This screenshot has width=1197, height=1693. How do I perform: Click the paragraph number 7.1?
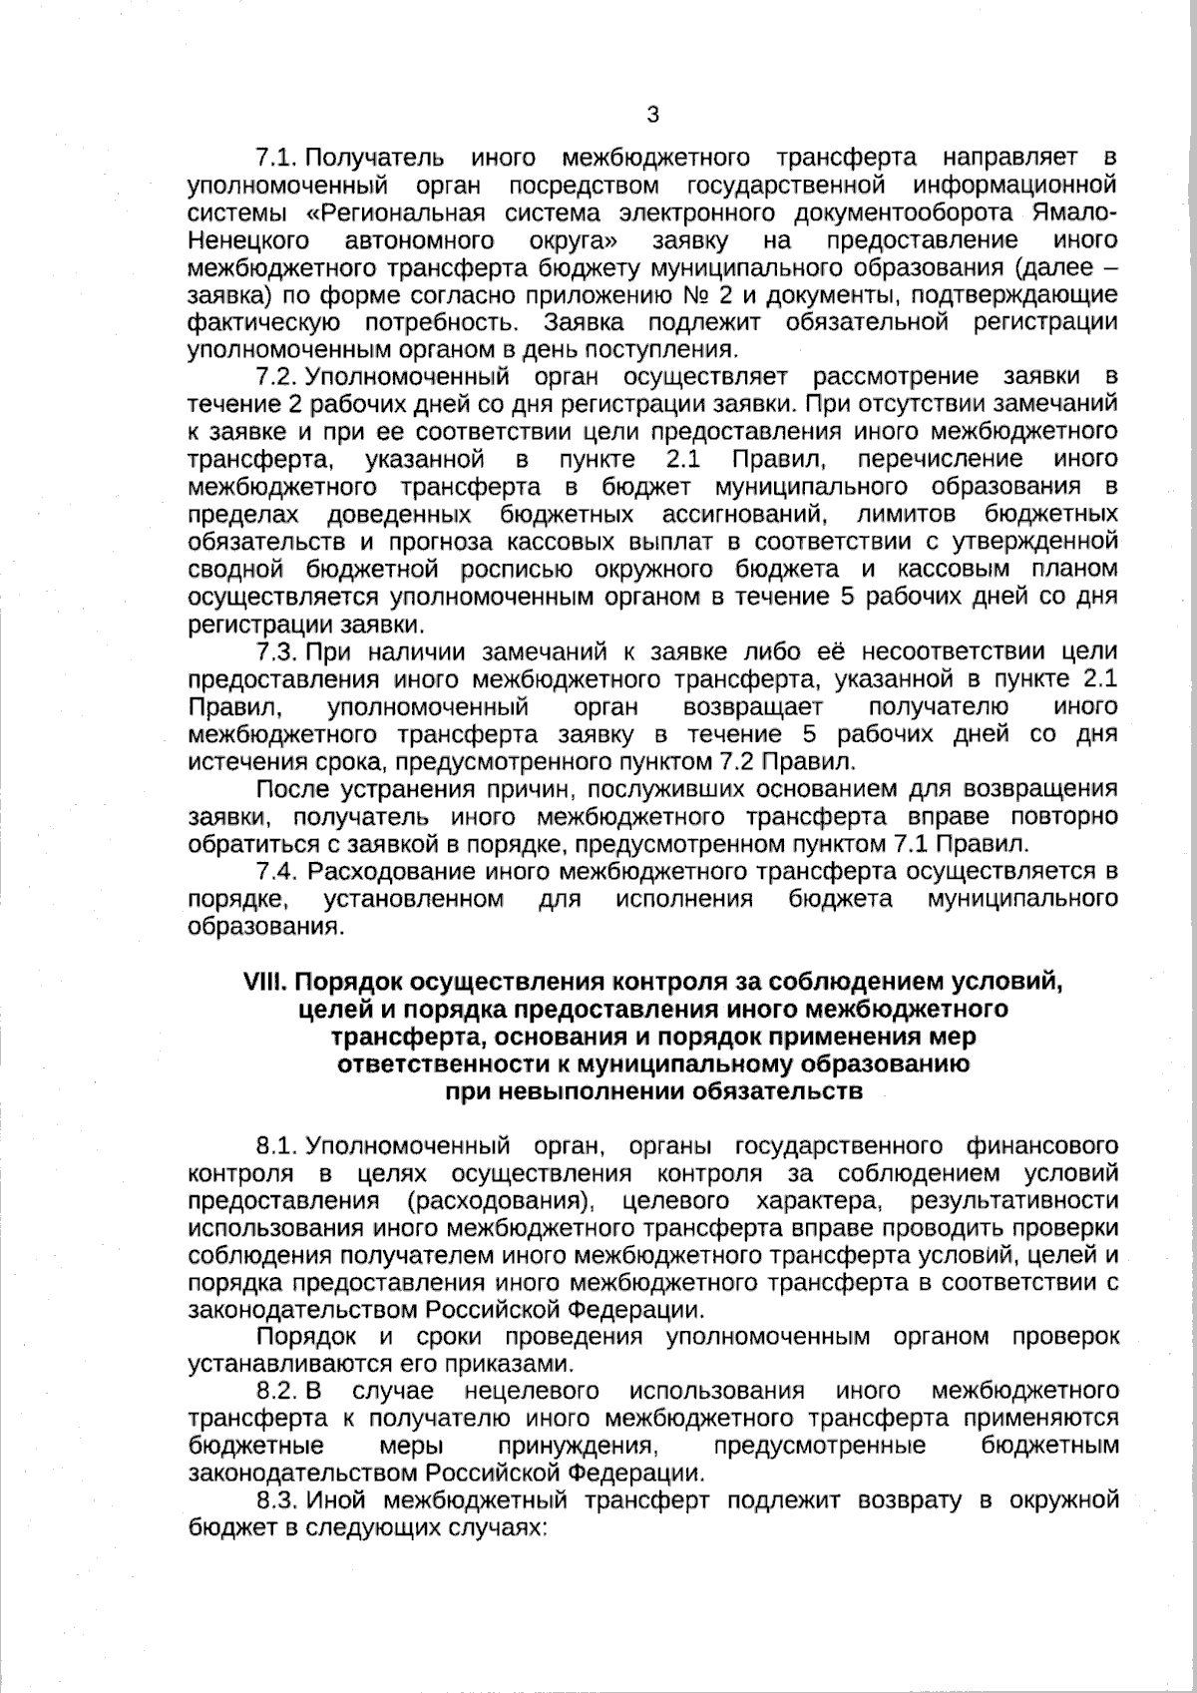(x=278, y=158)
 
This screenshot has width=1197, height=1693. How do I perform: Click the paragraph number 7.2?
(x=278, y=376)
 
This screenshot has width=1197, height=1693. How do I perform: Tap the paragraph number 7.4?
(x=278, y=871)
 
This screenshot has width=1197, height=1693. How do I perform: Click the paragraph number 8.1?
(x=278, y=1144)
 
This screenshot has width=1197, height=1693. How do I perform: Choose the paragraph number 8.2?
(x=278, y=1391)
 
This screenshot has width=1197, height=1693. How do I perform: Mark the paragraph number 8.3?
(x=278, y=1500)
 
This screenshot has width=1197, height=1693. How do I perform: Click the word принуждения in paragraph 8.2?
(x=578, y=1446)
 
